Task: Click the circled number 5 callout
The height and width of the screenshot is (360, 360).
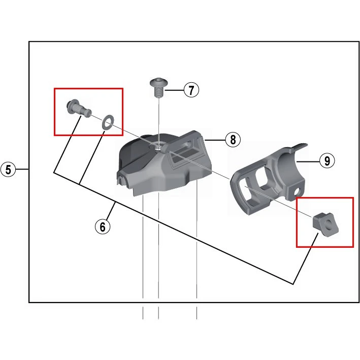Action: pyautogui.click(x=8, y=170)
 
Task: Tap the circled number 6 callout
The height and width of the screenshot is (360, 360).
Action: pyautogui.click(x=103, y=226)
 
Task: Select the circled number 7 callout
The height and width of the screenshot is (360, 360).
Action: pyautogui.click(x=191, y=90)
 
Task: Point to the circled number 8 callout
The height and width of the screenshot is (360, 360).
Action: pyautogui.click(x=233, y=139)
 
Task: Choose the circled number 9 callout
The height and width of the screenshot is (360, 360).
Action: pyautogui.click(x=327, y=160)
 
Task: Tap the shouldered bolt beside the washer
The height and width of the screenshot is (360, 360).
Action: pyautogui.click(x=79, y=109)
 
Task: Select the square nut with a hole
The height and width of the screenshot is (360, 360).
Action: pyautogui.click(x=325, y=224)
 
